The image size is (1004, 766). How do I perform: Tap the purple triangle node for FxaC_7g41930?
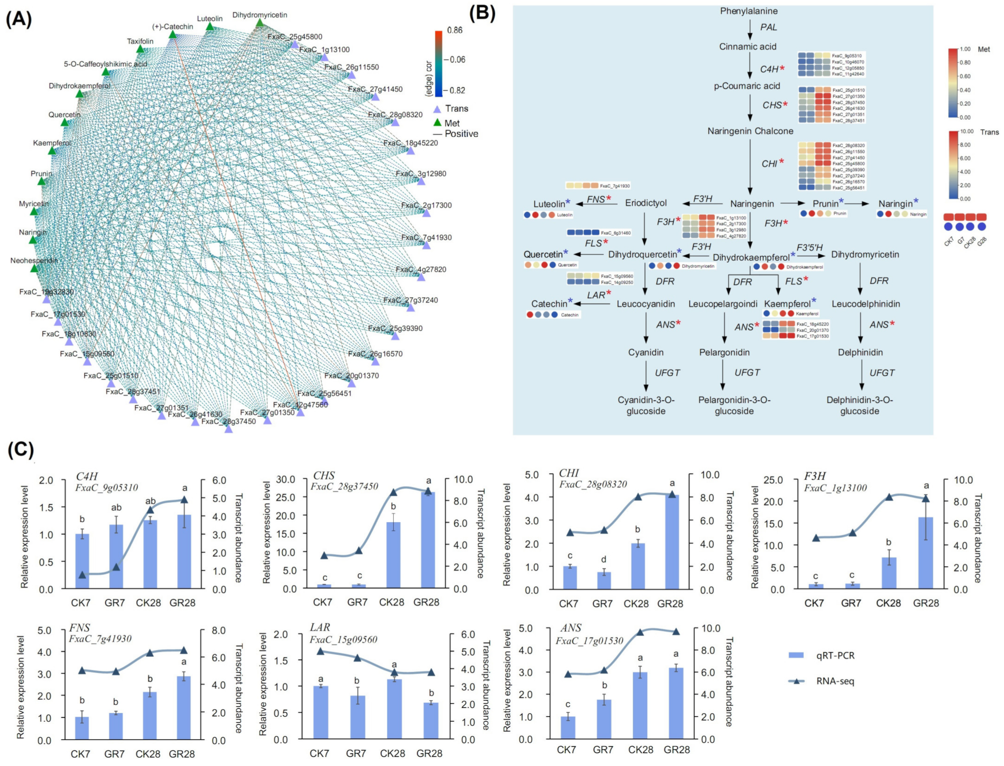point(426,245)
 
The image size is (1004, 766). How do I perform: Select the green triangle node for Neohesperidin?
point(34,268)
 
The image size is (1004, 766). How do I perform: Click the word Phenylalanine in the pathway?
point(749,11)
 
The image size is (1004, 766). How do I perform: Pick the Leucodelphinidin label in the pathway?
point(865,304)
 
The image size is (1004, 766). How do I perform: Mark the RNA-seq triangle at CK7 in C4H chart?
point(82,574)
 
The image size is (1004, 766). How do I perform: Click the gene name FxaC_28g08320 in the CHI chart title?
point(593,484)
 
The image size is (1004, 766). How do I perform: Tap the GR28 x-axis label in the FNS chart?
point(182,754)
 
